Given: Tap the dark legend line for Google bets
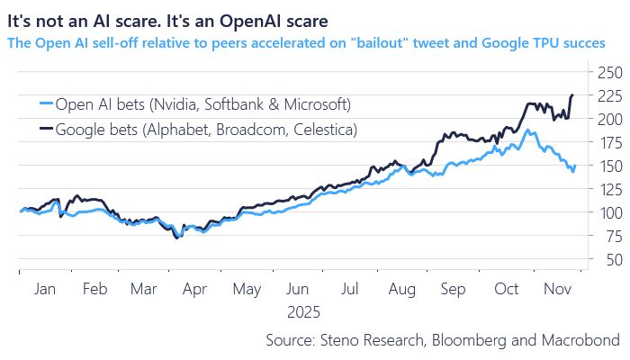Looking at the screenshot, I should pyautogui.click(x=40, y=130).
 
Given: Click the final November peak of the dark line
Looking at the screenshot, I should pyautogui.click(x=571, y=94).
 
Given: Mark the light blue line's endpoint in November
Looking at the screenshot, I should pyautogui.click(x=575, y=165).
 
